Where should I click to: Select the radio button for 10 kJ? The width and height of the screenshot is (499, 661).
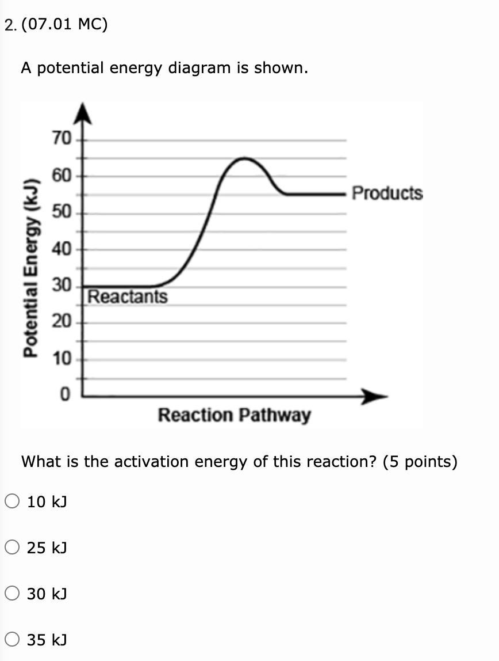13,502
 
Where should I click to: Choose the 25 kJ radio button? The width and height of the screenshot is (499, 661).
13,547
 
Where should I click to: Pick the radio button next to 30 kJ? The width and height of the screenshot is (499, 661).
13,592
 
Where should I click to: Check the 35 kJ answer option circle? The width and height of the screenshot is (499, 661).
13,639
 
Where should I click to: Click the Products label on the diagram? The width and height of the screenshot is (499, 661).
387,193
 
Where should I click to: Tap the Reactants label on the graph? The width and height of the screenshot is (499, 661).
128,297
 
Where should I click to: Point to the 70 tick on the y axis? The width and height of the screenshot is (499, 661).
62,139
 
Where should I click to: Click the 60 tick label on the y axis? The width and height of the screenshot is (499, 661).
62,176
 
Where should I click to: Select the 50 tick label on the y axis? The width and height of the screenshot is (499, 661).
62,212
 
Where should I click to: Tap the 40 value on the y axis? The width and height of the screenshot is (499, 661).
62,249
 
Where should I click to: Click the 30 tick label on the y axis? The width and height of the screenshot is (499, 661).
62,286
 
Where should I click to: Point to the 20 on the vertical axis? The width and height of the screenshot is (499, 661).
62,322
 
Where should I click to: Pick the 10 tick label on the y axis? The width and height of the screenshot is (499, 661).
62,359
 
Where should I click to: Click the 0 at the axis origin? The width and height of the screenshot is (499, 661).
65,395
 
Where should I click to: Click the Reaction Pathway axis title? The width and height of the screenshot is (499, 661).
234,415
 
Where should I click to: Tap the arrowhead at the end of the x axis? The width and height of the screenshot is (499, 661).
377,396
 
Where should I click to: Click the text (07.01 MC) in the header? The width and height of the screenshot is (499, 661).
64,25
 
